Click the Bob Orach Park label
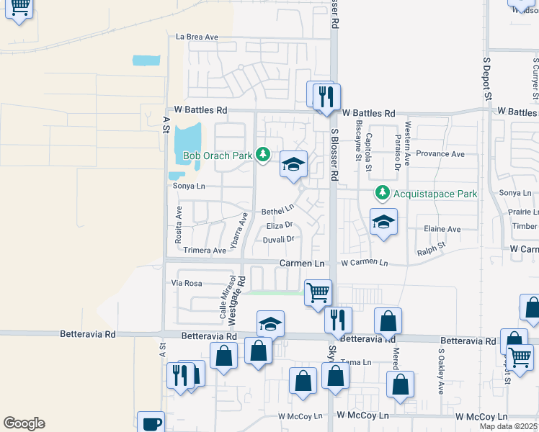point(217,155)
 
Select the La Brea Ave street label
point(197,37)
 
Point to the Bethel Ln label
point(278,211)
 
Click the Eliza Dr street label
point(279,226)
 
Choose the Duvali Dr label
point(279,240)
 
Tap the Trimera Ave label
point(205,251)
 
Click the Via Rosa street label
point(186,284)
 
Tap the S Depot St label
point(487,75)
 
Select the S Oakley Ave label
point(440,372)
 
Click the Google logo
point(24,423)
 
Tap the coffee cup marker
point(151,423)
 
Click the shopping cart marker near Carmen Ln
point(318,292)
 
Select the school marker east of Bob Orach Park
point(293,163)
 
